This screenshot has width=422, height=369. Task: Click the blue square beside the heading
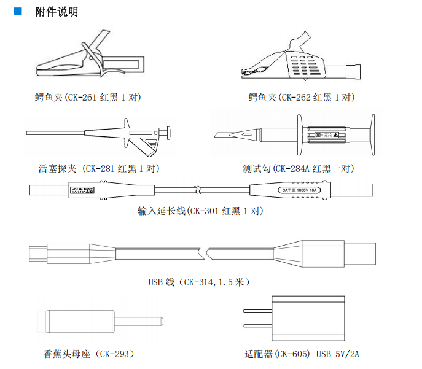pyautogui.click(x=18, y=12)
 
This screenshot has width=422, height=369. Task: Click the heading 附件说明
pyautogui.click(x=57, y=12)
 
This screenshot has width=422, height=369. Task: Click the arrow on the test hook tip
pyautogui.click(x=247, y=135)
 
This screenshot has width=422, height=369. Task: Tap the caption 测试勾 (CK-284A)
pyautogui.click(x=299, y=168)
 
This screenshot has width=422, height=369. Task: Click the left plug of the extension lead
pyautogui.click(x=86, y=190)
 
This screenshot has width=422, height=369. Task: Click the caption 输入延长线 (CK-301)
pyautogui.click(x=201, y=211)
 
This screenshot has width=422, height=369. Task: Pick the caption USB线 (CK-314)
pyautogui.click(x=199, y=282)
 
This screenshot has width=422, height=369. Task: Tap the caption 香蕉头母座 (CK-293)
pyautogui.click(x=89, y=354)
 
